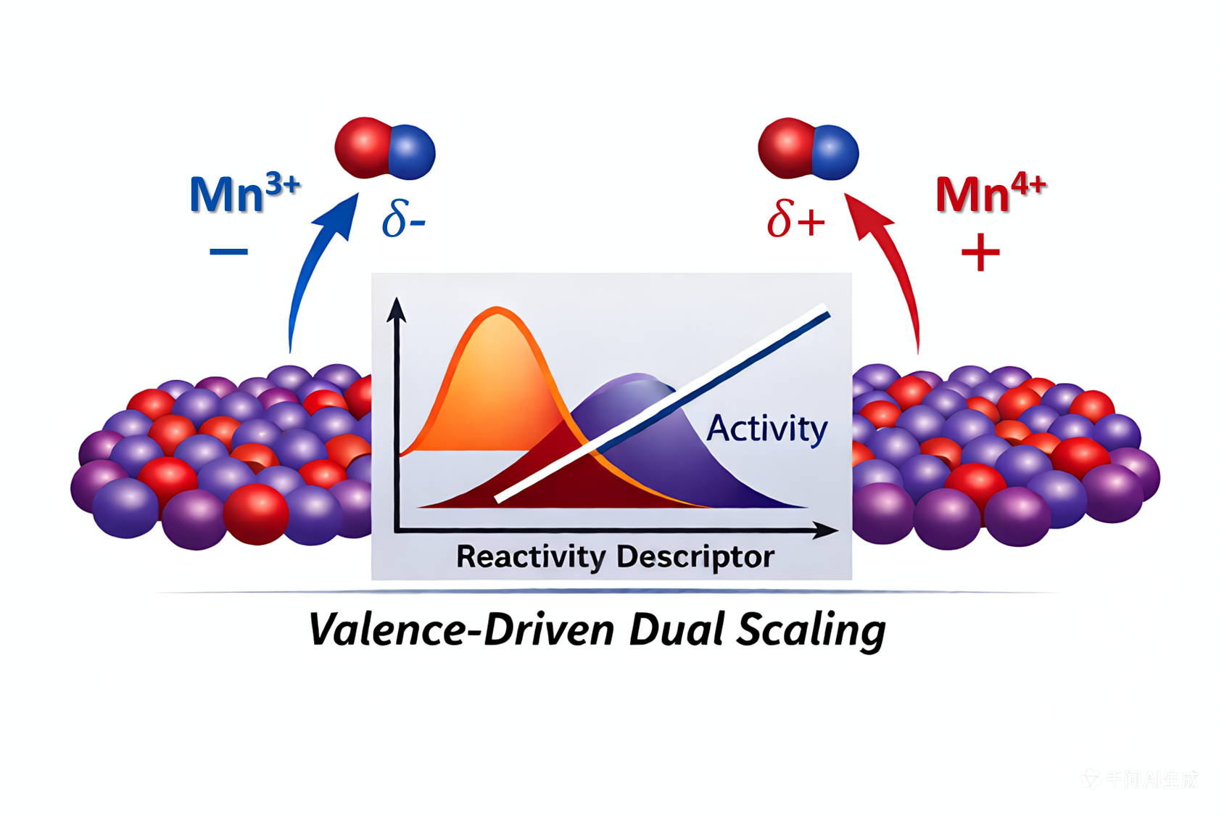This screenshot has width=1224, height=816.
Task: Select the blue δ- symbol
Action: [x=403, y=218]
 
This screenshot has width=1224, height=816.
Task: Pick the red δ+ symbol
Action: [x=795, y=218]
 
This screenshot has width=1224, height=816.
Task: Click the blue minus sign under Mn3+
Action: [x=228, y=252]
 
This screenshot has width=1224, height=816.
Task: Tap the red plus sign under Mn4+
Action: [x=980, y=253]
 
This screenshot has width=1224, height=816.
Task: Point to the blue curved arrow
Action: [x=312, y=268]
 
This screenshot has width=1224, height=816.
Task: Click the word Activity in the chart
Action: [x=767, y=429]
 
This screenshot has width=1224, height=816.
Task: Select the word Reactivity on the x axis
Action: [x=531, y=557]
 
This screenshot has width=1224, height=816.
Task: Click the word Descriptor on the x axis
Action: [x=695, y=557]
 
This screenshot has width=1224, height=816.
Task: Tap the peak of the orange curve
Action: [x=497, y=310]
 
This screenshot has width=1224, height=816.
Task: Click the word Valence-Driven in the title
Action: [x=461, y=629]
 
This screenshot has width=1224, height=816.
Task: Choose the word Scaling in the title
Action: [x=811, y=630]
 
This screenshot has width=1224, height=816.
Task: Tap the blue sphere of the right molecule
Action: [x=835, y=152]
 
